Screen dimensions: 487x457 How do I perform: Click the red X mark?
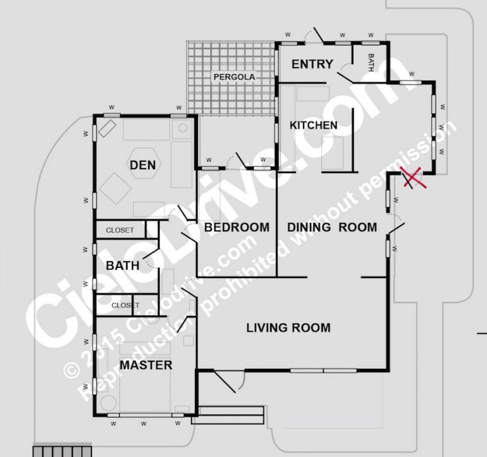tap(414, 177)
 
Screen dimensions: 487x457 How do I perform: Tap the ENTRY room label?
tap(312, 64)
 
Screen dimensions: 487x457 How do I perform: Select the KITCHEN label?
tap(313, 125)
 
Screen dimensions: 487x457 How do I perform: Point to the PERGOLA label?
tap(234, 77)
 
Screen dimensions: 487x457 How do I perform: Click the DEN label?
tap(143, 165)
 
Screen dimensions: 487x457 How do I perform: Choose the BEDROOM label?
tap(236, 227)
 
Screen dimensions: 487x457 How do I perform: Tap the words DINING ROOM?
tap(332, 227)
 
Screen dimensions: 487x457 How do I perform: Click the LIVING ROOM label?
tap(288, 328)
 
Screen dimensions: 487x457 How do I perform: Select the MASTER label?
tap(146, 365)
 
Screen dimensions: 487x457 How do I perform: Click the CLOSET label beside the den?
tap(120, 230)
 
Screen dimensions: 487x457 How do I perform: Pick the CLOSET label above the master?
tap(125, 306)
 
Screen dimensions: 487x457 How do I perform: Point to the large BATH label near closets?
tap(122, 266)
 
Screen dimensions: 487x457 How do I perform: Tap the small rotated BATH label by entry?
tap(371, 63)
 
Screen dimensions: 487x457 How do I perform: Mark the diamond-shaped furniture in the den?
tap(116, 189)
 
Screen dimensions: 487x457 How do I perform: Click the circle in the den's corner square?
tap(183, 128)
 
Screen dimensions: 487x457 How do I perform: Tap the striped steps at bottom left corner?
tap(62, 451)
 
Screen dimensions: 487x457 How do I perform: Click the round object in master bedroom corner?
tap(109, 403)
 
